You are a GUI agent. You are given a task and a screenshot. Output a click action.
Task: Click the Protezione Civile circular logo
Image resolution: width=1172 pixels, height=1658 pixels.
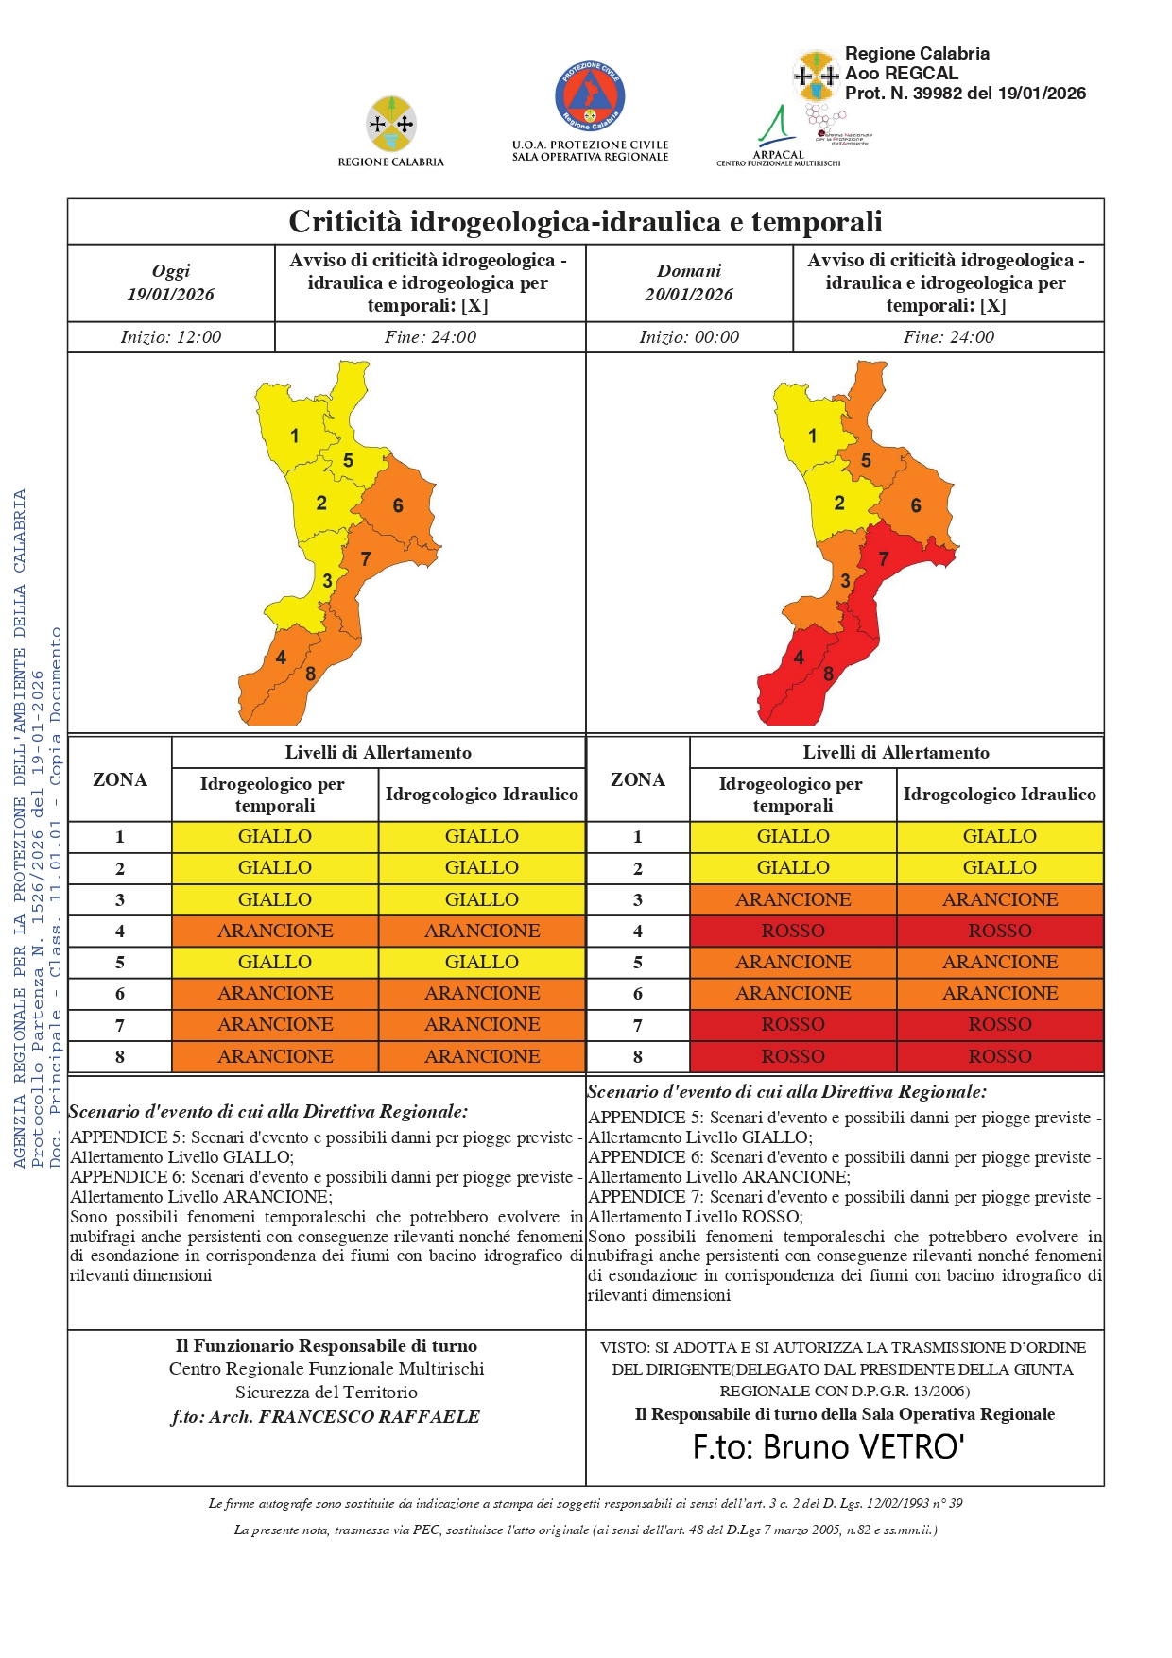click(590, 97)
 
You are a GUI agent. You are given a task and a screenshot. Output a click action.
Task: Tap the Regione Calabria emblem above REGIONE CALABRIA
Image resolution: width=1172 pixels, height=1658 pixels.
click(390, 124)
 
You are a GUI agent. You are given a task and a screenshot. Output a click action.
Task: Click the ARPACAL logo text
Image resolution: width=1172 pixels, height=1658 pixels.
click(778, 155)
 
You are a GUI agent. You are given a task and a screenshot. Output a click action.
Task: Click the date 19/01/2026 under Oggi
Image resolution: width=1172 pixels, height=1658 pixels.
click(171, 295)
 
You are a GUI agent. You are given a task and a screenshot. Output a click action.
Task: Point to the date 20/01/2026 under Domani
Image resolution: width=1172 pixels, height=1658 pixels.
click(689, 295)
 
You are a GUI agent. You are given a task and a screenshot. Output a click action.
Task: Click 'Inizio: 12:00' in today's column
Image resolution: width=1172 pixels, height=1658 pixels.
click(171, 337)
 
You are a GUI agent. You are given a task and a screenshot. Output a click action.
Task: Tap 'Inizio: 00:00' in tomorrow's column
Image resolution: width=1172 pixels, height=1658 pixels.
click(689, 337)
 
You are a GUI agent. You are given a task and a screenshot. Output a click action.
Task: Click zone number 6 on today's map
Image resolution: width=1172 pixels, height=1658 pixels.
click(398, 506)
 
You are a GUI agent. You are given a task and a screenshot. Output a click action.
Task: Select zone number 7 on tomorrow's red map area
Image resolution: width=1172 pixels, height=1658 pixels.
click(884, 559)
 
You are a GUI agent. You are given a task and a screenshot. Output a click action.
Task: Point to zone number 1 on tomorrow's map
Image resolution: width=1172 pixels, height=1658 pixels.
click(812, 436)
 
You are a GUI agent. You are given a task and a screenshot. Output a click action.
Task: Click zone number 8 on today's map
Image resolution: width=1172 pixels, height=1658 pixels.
click(310, 675)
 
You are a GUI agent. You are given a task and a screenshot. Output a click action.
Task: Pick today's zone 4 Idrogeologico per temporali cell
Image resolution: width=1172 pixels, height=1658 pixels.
click(275, 932)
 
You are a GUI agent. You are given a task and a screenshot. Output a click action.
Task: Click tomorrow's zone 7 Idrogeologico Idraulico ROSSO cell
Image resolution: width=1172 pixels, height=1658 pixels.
click(1000, 1025)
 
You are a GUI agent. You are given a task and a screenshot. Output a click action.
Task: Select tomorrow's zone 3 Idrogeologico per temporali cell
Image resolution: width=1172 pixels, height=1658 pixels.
click(793, 900)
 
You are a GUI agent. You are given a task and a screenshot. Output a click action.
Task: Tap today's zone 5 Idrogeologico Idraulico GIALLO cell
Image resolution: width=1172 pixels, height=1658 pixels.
click(482, 963)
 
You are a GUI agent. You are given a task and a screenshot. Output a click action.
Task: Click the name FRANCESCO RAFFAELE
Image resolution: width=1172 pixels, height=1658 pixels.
click(370, 1417)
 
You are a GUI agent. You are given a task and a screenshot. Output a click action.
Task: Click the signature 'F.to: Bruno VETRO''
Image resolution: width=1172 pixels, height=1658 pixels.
click(828, 1447)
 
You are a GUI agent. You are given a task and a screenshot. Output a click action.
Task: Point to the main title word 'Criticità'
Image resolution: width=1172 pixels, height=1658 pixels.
click(344, 222)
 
